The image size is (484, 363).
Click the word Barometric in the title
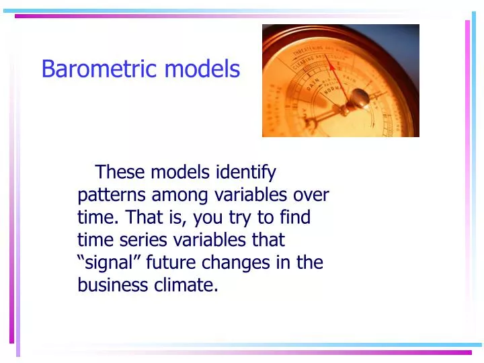coord(100,69)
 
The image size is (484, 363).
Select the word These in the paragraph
coord(120,173)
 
